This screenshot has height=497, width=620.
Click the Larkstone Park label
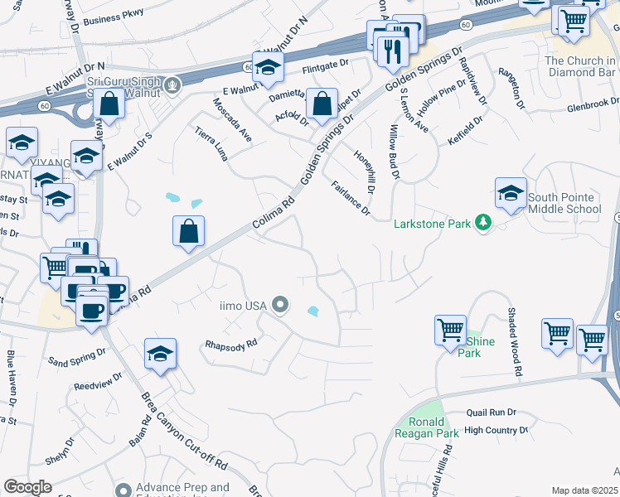tap(432, 223)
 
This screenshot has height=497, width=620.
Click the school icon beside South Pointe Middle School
tap(511, 195)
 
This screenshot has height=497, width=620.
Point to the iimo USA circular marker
tap(280, 306)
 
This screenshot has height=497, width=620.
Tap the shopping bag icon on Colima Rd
tap(189, 232)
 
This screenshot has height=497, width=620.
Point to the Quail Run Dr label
tap(491, 412)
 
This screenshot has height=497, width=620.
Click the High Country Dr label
tap(496, 430)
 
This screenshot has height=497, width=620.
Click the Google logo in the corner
tap(27, 487)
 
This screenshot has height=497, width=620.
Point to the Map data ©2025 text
tap(584, 490)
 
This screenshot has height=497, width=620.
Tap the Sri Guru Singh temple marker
tap(172, 84)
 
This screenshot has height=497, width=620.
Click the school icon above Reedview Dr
tap(160, 354)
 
